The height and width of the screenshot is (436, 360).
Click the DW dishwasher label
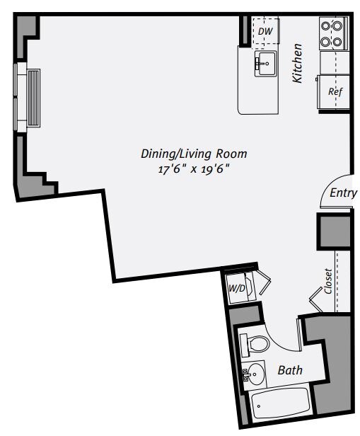[x=265, y=31]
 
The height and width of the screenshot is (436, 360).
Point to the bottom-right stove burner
[x=339, y=41]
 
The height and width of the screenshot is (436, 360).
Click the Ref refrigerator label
[x=335, y=92]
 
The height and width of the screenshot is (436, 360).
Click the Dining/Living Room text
[x=194, y=153]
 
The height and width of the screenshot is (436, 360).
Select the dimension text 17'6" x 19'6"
[x=194, y=168]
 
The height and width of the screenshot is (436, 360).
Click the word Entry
[x=343, y=193]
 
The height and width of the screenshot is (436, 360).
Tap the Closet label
[x=329, y=281]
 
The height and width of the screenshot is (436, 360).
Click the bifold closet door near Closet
[x=317, y=302]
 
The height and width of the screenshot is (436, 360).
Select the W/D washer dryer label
[x=236, y=289]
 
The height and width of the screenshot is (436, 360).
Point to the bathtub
[x=280, y=406]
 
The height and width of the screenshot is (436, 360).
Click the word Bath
[x=290, y=369]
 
